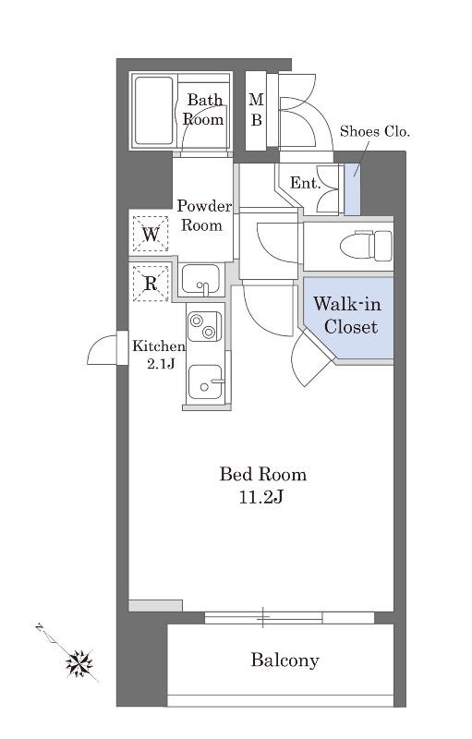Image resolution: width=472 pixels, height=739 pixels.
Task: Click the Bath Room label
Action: pyautogui.click(x=203, y=109)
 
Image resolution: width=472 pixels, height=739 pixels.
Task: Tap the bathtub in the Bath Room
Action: pyautogui.click(x=153, y=111)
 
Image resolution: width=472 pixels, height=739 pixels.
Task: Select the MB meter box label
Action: pyautogui.click(x=256, y=110)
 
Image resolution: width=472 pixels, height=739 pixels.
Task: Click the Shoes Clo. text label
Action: pyautogui.click(x=374, y=131)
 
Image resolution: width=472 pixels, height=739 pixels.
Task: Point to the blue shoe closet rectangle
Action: pyautogui.click(x=352, y=189)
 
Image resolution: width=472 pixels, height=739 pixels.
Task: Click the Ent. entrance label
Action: pyautogui.click(x=305, y=183)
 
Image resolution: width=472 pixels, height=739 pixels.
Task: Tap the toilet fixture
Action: pyautogui.click(x=366, y=245)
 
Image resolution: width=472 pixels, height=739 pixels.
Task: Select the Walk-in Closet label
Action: pyautogui.click(x=347, y=315)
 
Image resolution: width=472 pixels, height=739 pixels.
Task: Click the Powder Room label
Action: pyautogui.click(x=203, y=215)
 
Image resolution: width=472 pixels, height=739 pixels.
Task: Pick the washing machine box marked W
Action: pyautogui.click(x=151, y=234)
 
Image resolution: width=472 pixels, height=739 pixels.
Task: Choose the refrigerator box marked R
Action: pyautogui.click(x=151, y=284)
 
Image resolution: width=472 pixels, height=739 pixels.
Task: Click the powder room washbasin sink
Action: pyautogui.click(x=200, y=280)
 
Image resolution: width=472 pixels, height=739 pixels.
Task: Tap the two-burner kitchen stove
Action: pyautogui.click(x=204, y=326)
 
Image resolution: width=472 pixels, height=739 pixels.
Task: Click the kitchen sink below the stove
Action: pyautogui.click(x=205, y=382)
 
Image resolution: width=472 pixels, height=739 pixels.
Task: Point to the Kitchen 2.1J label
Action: pyautogui.click(x=158, y=355)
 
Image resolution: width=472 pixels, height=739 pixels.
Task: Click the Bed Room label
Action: pyautogui.click(x=263, y=474)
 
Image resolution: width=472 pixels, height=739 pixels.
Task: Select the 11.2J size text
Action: pyautogui.click(x=260, y=497)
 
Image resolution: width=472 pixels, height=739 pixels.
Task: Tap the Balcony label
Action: pyautogui.click(x=284, y=660)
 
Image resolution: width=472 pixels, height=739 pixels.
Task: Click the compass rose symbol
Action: pyautogui.click(x=79, y=663)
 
